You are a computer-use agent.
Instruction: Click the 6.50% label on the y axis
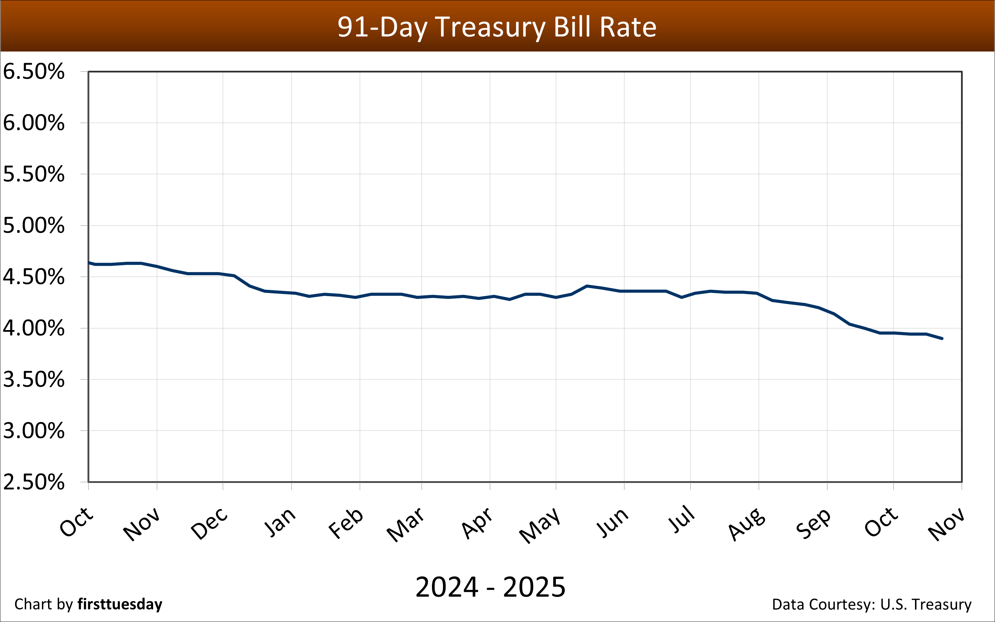(x=34, y=71)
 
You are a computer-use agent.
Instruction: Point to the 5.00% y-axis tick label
(x=34, y=225)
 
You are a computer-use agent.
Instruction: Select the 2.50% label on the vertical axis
(x=34, y=482)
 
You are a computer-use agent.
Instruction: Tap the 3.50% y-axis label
(x=34, y=379)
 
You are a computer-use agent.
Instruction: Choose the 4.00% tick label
(x=34, y=328)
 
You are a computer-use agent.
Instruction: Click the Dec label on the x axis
(x=209, y=523)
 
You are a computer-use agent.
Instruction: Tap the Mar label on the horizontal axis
(x=405, y=524)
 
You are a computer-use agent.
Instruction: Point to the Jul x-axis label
(x=681, y=519)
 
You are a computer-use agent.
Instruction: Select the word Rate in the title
(x=628, y=27)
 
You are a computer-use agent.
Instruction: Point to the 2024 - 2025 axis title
(x=490, y=587)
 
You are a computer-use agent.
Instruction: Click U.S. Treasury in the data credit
(x=926, y=604)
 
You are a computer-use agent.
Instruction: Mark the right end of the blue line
(x=942, y=339)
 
